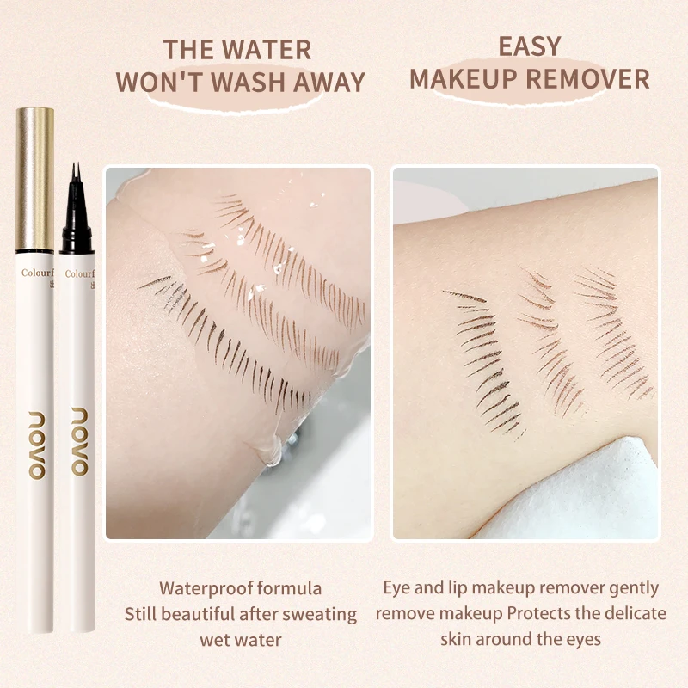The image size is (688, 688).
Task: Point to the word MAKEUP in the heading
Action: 465,78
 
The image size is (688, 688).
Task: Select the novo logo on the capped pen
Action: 35,442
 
